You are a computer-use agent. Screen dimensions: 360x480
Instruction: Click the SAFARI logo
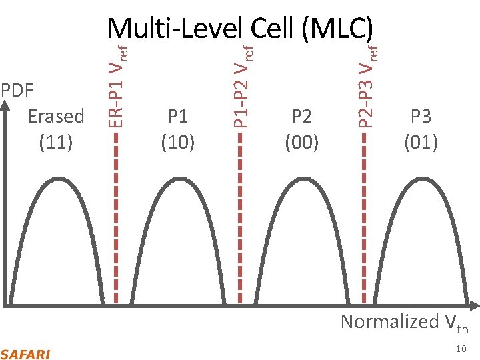pos(25,354)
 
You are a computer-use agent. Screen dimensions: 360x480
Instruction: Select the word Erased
pos(56,116)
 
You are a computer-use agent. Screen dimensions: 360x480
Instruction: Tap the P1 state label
pos(178,116)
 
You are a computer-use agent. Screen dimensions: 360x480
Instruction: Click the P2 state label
pos(302,116)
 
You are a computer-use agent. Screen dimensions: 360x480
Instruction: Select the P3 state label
pos(421,116)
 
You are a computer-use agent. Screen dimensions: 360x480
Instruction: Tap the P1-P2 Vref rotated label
pos(243,84)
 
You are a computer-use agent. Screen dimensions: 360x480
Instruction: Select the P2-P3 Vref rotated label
pos(367,84)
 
